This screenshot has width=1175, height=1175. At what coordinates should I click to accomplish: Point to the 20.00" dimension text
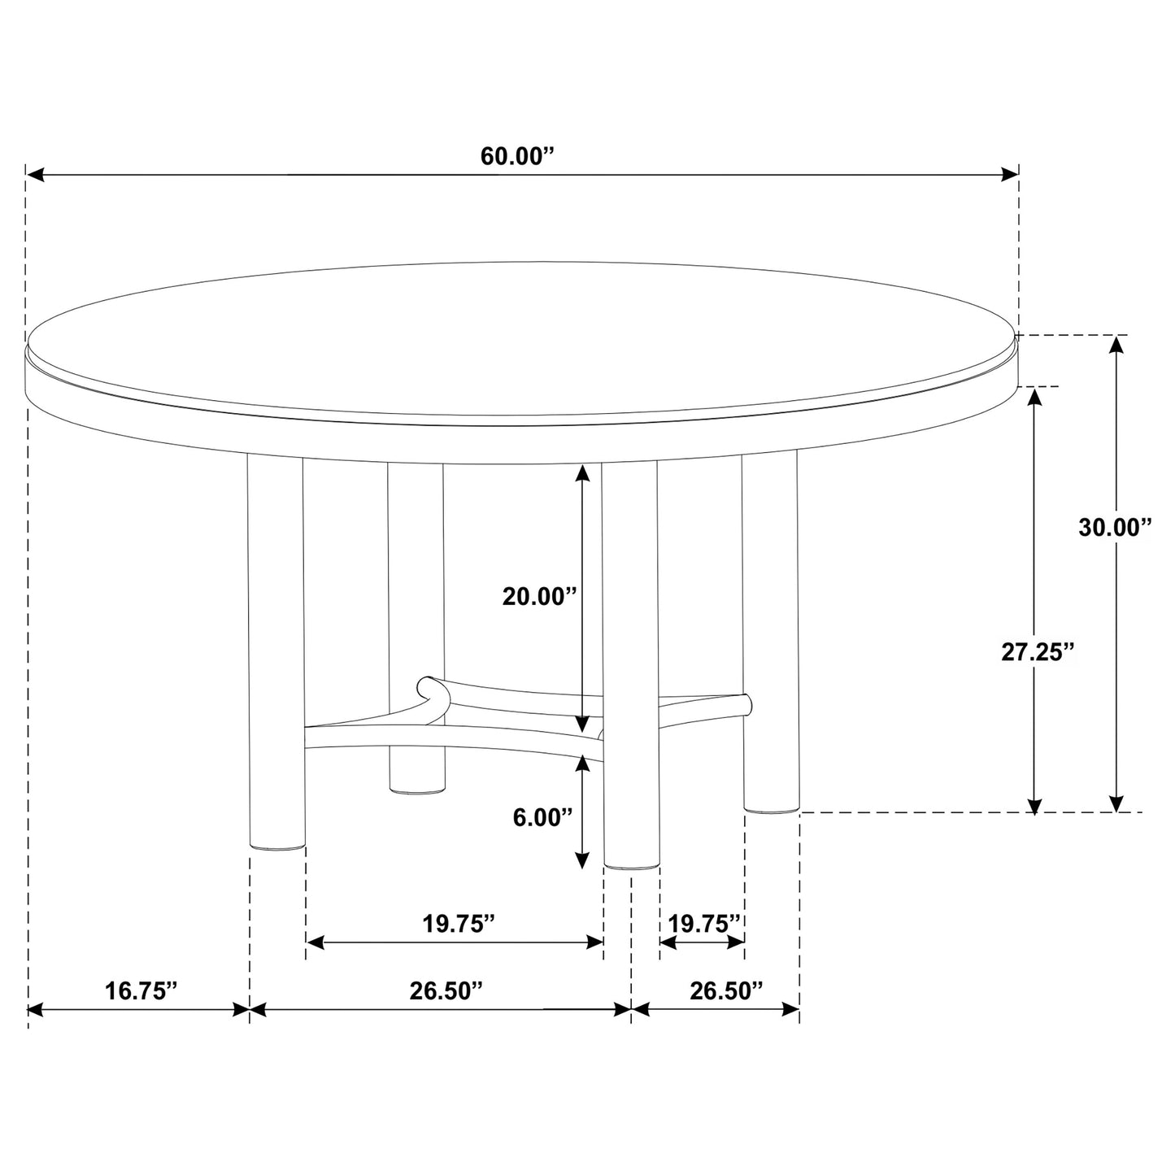pyautogui.click(x=539, y=597)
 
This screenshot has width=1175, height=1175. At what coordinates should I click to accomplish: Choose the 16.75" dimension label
pyautogui.click(x=141, y=990)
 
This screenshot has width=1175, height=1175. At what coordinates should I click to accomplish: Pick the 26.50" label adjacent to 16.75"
pyautogui.click(x=446, y=990)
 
